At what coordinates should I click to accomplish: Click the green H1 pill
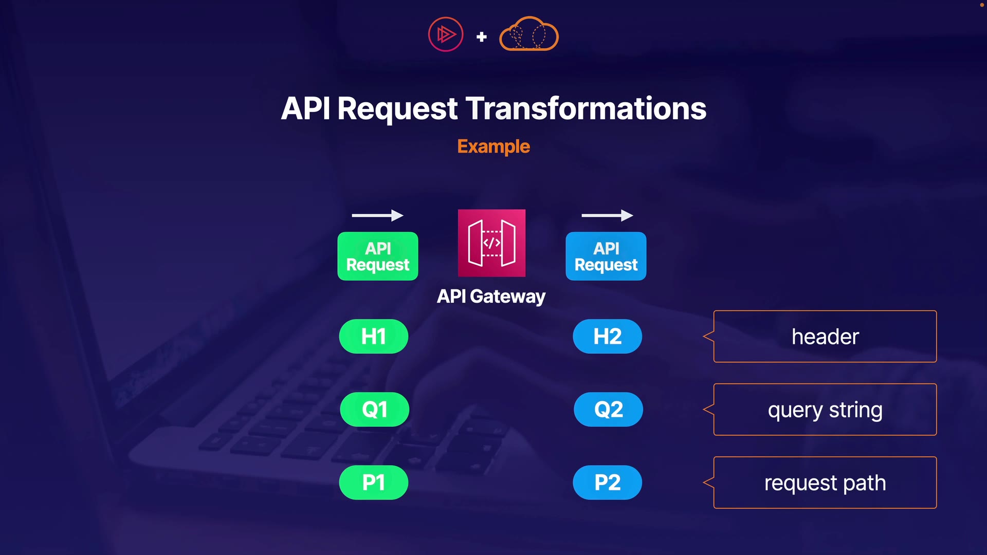click(374, 337)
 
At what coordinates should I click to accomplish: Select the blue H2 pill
click(607, 337)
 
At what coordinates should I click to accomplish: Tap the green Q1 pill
click(374, 410)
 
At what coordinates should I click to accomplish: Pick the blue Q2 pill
click(608, 410)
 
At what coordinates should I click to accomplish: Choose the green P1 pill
click(374, 483)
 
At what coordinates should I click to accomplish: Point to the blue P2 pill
click(607, 483)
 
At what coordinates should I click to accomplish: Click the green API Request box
click(378, 256)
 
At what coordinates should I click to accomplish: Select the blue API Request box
click(606, 256)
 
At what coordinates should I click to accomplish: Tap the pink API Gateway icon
click(491, 243)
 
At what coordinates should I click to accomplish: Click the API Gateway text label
click(491, 297)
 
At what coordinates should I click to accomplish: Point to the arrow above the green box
click(377, 215)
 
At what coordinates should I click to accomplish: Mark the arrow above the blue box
click(607, 215)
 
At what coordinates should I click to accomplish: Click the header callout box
click(825, 337)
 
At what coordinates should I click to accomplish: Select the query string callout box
click(825, 410)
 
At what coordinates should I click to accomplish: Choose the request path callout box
click(825, 483)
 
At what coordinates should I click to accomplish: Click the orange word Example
click(493, 146)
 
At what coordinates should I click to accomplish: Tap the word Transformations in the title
click(586, 108)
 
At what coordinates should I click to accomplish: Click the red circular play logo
click(446, 34)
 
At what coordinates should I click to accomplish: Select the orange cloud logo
click(529, 34)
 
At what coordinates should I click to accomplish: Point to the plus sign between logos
click(482, 36)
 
